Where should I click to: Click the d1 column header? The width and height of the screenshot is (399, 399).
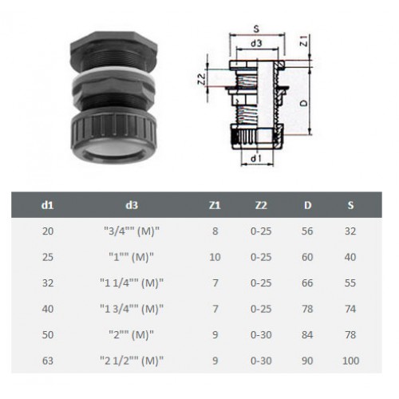pos(48,205)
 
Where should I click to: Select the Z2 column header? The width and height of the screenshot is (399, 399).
pos(261,205)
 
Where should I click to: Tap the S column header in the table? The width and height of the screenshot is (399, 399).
pos(350,205)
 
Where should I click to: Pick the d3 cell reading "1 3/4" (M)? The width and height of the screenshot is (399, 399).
pos(132,309)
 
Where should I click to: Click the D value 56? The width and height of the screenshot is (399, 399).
pos(307,231)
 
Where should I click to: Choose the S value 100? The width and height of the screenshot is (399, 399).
pos(350,361)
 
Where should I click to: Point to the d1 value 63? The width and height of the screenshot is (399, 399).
pos(48,361)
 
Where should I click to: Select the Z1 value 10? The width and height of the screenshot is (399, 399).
pos(215,257)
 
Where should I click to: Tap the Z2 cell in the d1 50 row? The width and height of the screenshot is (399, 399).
pos(261,334)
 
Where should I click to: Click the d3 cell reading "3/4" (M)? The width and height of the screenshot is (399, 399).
pos(132,231)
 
